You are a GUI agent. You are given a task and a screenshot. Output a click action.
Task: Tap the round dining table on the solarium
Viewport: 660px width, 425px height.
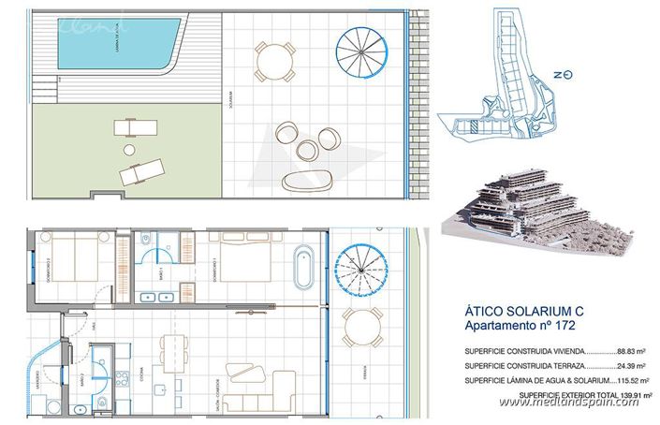pyautogui.click(x=273, y=65)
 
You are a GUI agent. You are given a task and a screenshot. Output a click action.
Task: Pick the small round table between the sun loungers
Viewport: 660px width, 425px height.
pyautogui.click(x=126, y=148)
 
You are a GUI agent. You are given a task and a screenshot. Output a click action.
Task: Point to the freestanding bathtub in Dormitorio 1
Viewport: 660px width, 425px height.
pyautogui.click(x=303, y=268)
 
